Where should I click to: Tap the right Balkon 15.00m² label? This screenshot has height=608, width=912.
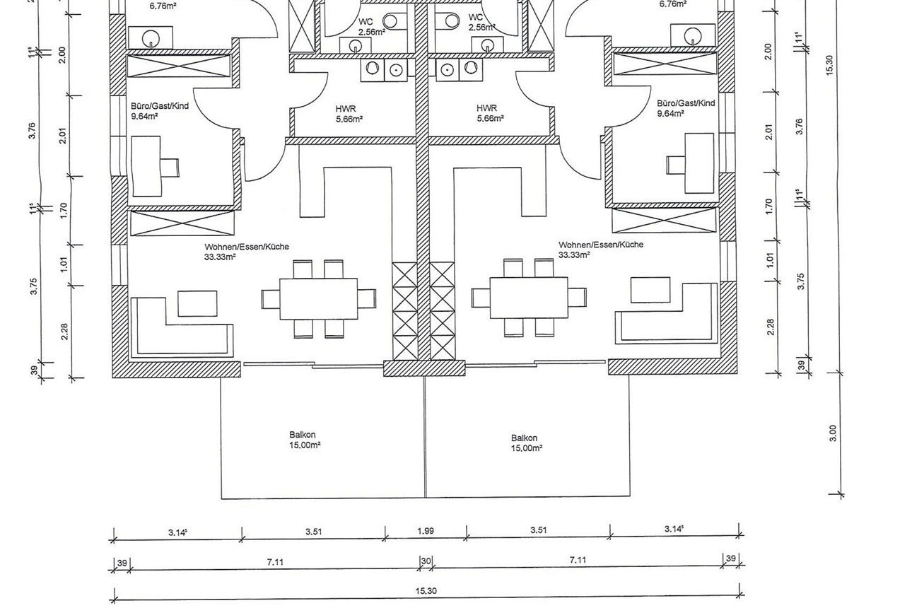click(x=527, y=443)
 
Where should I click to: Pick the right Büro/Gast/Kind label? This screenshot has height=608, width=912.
click(x=686, y=103)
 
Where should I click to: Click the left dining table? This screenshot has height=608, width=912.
click(x=318, y=299)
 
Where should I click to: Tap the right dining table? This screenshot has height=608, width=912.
click(x=529, y=298)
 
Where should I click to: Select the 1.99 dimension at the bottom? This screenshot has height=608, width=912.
click(x=426, y=531)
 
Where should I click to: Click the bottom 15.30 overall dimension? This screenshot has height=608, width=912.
click(x=426, y=590)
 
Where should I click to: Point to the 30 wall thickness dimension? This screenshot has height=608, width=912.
click(x=426, y=561)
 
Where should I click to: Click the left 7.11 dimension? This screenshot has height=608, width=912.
click(x=275, y=562)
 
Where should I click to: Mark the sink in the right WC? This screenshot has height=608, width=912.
click(x=488, y=45)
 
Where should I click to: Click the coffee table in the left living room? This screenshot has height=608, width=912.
click(x=197, y=303)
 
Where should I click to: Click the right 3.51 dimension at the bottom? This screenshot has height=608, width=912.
click(x=538, y=530)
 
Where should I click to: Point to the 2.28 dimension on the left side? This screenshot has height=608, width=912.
click(x=64, y=332)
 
